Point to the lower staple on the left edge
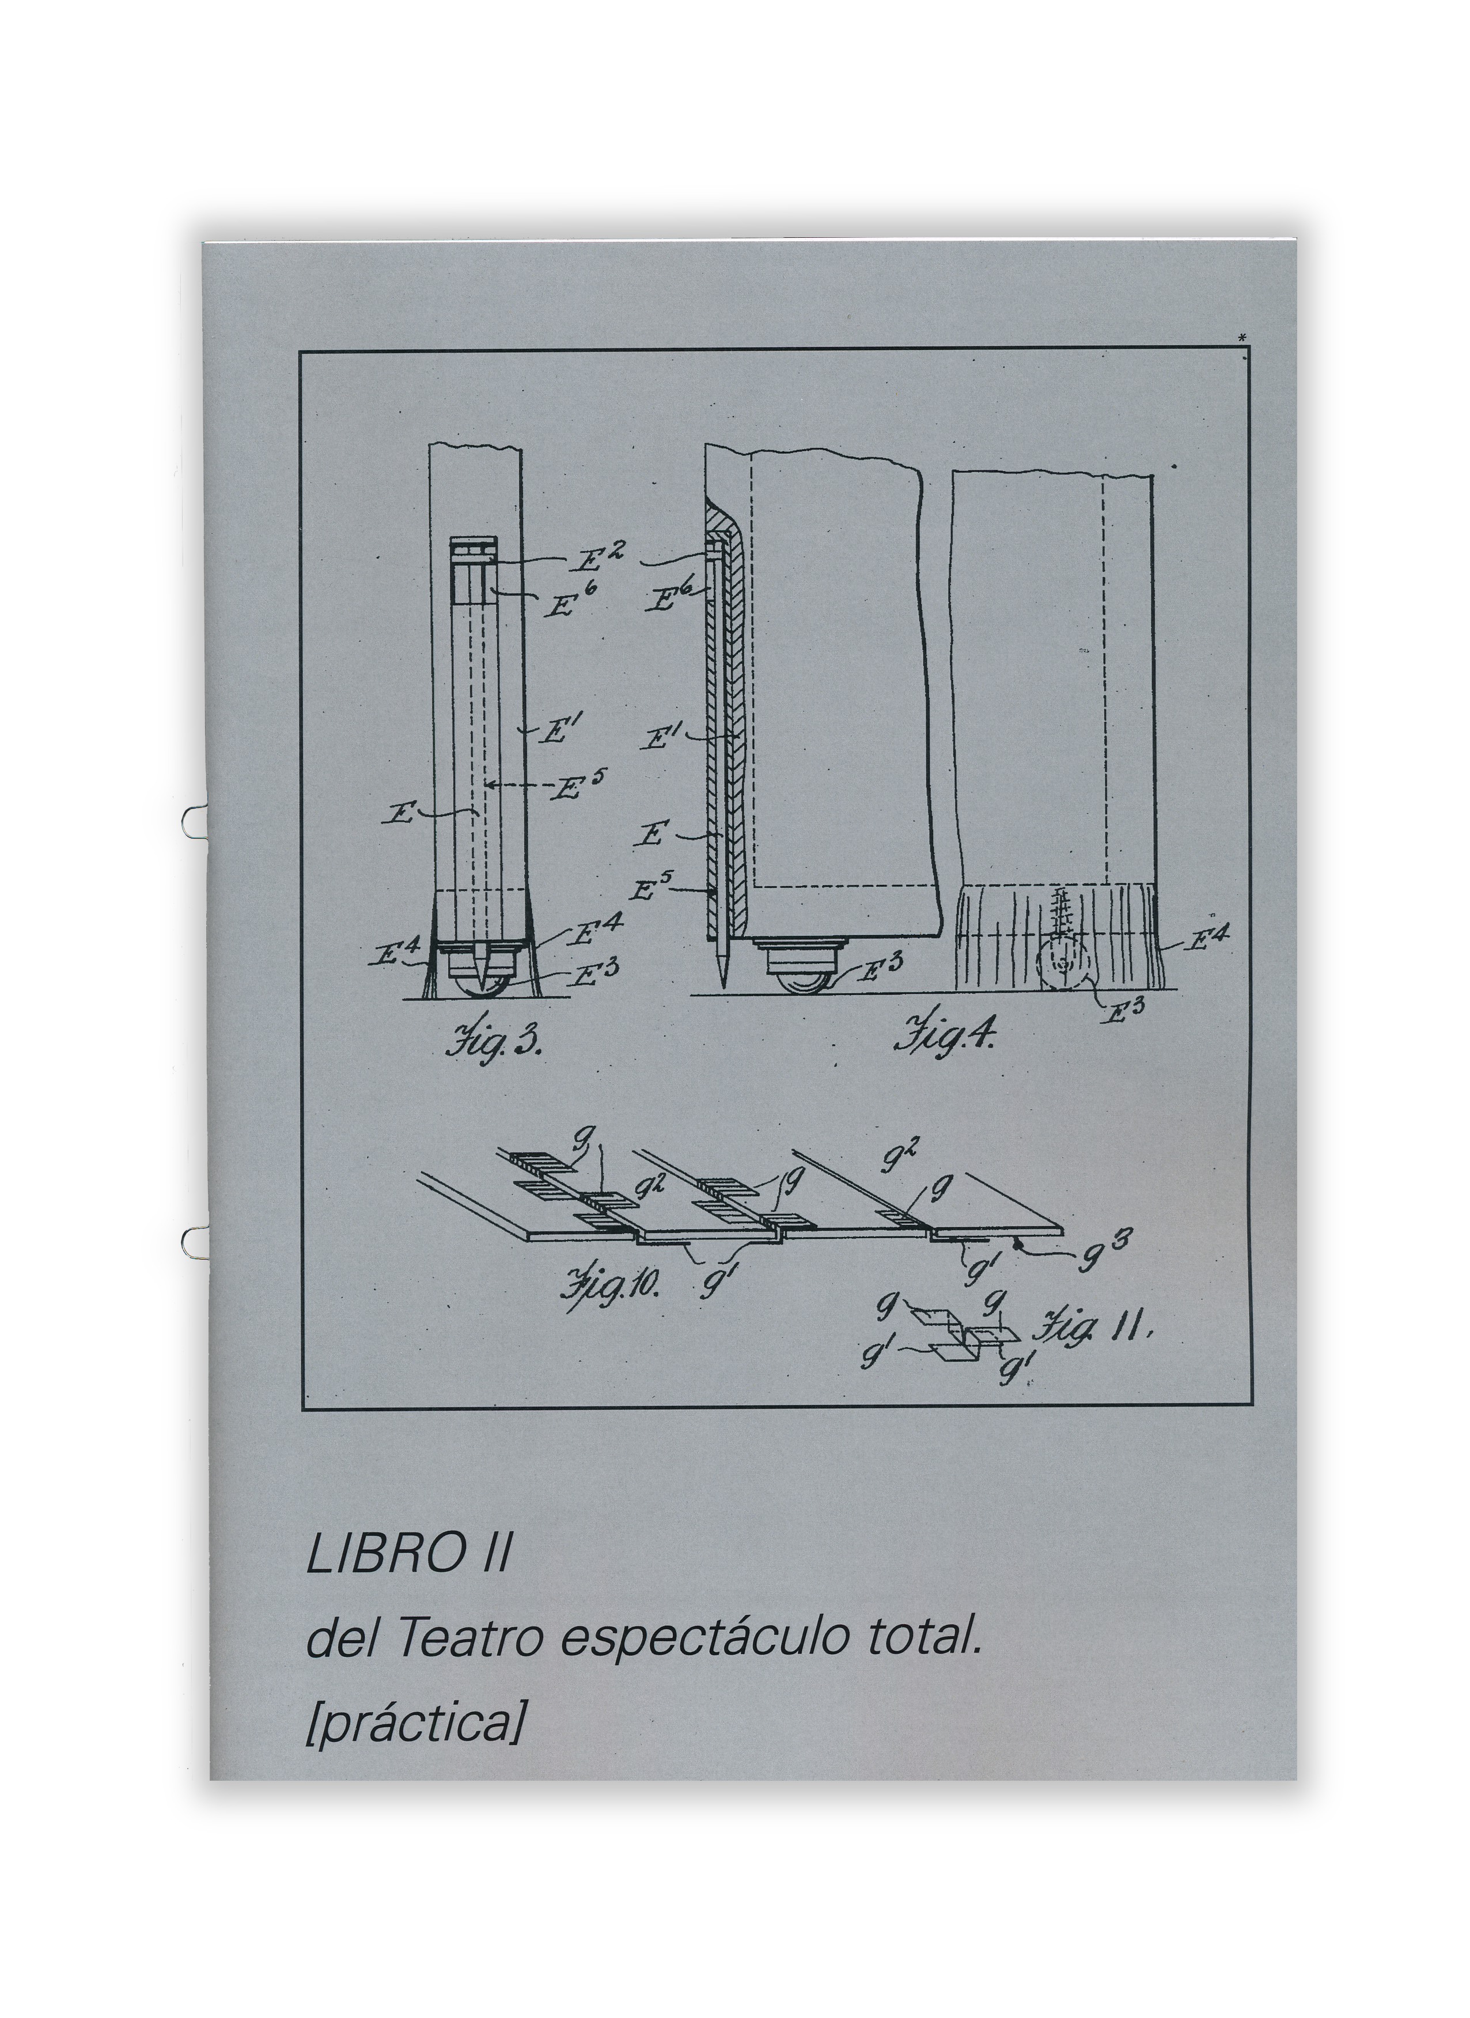tap(192, 1239)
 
